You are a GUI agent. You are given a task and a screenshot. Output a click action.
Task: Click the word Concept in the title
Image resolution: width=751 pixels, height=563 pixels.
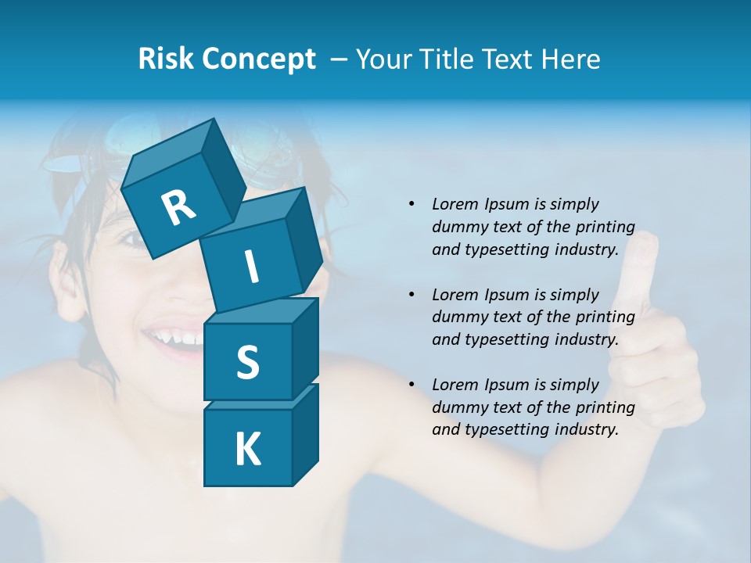[260, 60]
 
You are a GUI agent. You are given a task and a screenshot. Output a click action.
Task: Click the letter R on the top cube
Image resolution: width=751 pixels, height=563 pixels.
[178, 207]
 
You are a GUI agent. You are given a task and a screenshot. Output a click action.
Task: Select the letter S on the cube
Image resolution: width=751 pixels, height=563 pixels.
[248, 362]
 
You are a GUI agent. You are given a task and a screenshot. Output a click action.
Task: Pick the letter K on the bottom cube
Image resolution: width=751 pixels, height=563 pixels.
[248, 450]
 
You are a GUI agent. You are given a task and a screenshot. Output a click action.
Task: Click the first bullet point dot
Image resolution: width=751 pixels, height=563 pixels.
[411, 204]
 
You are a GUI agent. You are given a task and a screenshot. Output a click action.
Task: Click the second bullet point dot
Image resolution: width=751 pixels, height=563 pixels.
[411, 295]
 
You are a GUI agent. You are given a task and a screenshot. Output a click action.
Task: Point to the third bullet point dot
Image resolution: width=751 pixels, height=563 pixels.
[411, 385]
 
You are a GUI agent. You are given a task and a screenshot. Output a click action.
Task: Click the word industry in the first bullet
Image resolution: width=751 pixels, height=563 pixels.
[588, 250]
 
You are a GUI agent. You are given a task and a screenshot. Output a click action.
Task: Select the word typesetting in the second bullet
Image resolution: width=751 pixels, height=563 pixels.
[507, 340]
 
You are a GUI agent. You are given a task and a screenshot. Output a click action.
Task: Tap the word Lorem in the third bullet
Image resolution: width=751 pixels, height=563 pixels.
[454, 385]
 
